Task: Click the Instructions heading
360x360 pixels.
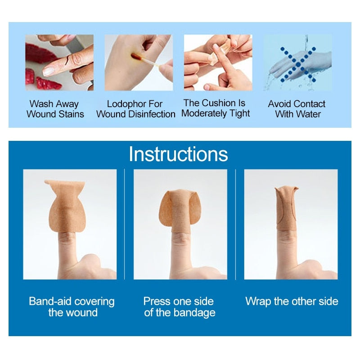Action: [x=178, y=154]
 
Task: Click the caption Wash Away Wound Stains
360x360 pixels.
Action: [x=55, y=109]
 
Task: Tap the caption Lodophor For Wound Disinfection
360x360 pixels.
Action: [x=135, y=109]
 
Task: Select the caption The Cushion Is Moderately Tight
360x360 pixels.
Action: [x=216, y=108]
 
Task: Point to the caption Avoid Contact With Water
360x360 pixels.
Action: [x=297, y=109]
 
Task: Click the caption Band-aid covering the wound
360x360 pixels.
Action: [x=72, y=306]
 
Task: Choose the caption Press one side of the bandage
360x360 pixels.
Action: [x=180, y=306]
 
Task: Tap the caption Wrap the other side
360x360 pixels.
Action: [x=292, y=301]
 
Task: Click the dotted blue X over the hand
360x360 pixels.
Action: [x=297, y=63]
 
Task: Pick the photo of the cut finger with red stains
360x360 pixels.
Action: [x=59, y=63]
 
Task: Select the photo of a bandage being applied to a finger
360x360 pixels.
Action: [x=218, y=63]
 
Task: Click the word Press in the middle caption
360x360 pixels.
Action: [x=156, y=301]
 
